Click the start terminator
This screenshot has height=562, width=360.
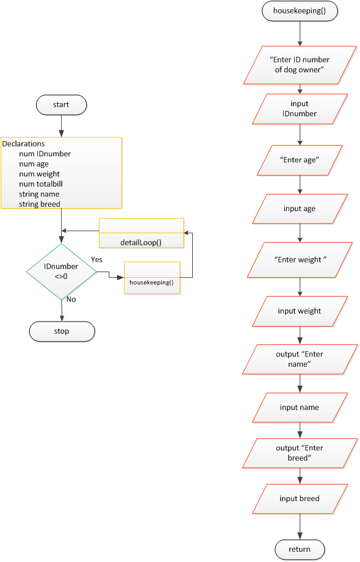[x=61, y=105]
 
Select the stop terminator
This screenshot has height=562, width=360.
[x=62, y=331]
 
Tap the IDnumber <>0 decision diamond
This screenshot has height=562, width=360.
[x=61, y=272]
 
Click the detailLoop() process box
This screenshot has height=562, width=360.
[x=141, y=234]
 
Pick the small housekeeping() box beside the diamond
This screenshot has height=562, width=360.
[x=152, y=278]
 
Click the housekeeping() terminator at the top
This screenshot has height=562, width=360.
[x=299, y=12]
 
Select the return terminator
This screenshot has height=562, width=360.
[x=299, y=549]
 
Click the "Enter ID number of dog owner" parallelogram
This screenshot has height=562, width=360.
[x=299, y=65]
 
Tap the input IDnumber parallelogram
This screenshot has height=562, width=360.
[x=299, y=109]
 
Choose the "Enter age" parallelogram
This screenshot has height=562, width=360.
[x=299, y=159]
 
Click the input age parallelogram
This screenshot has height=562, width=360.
[x=299, y=209]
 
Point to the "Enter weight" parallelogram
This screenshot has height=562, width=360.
[x=299, y=260]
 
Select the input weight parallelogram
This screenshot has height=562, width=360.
[x=299, y=311]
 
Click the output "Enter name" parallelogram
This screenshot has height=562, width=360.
[x=299, y=359]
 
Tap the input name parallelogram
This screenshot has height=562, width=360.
[x=299, y=408]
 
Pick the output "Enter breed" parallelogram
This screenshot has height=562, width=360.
[x=299, y=453]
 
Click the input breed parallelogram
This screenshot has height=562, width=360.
[x=299, y=499]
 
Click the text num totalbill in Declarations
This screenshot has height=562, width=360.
[x=41, y=184]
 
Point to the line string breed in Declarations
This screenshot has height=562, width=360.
[x=40, y=204]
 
